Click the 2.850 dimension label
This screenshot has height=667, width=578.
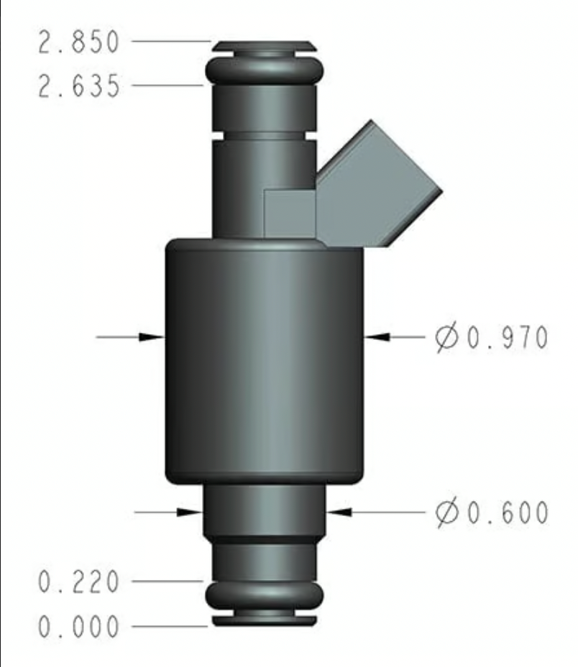coord(79,42)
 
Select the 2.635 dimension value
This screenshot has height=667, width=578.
coord(79,86)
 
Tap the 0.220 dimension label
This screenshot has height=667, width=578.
coord(79,581)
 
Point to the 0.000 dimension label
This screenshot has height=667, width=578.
coord(79,626)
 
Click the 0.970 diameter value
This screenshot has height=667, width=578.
coord(508,337)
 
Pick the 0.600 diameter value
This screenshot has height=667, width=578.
coord(508,512)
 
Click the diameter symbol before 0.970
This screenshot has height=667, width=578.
coord(446,338)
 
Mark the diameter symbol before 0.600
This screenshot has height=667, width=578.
coord(446,512)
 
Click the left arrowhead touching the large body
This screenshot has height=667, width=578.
coord(152,337)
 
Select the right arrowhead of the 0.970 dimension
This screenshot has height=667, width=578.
coord(377,337)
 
